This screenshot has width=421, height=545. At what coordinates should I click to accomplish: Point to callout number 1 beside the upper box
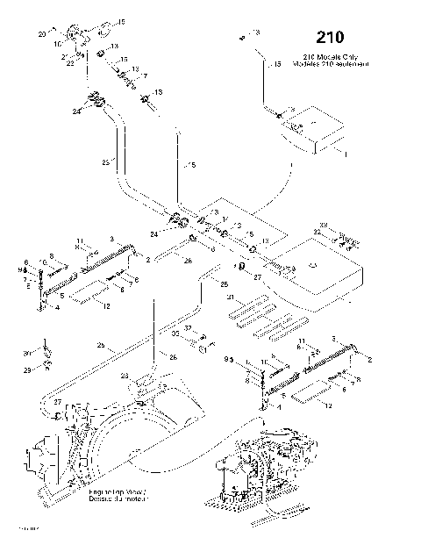point(346,154)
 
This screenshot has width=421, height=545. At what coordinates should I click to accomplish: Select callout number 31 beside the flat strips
point(230,298)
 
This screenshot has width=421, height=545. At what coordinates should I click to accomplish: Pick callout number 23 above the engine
point(125,376)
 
